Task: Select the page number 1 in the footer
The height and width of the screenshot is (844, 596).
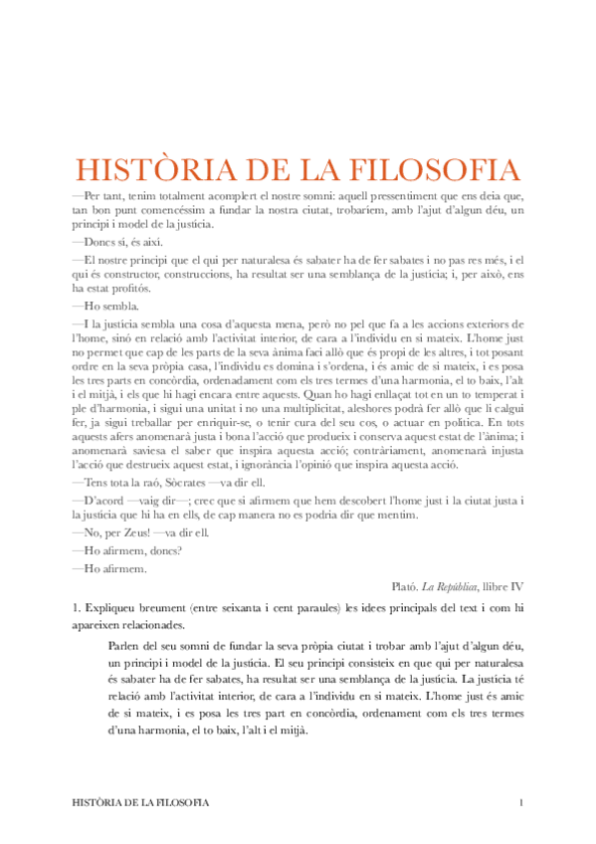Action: pyautogui.click(x=520, y=802)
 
